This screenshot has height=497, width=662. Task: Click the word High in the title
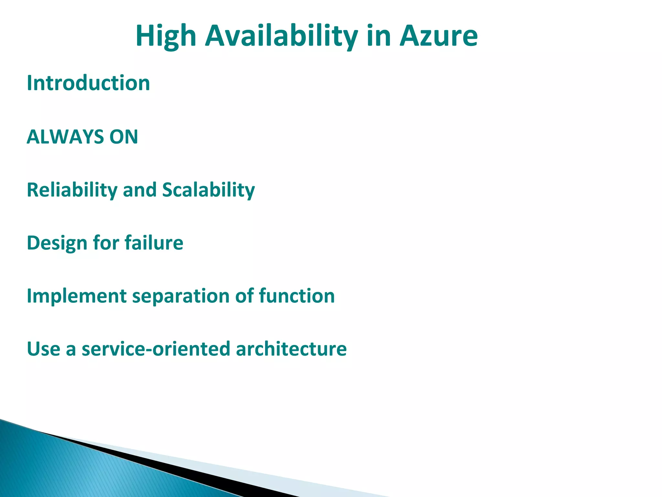point(166,36)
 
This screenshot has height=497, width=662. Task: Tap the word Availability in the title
point(281,36)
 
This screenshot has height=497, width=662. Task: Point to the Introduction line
point(88,83)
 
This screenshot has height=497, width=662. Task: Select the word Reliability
point(72,190)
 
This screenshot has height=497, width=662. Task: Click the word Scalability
point(208,190)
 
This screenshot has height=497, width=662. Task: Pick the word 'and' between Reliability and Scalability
point(139,190)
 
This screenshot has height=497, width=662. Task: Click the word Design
point(57,243)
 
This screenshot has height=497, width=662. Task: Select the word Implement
point(76,296)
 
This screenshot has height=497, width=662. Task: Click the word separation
point(181,296)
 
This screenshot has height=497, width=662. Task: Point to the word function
point(296,296)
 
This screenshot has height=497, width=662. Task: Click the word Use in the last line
point(43,349)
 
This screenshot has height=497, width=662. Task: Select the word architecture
point(291,349)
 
